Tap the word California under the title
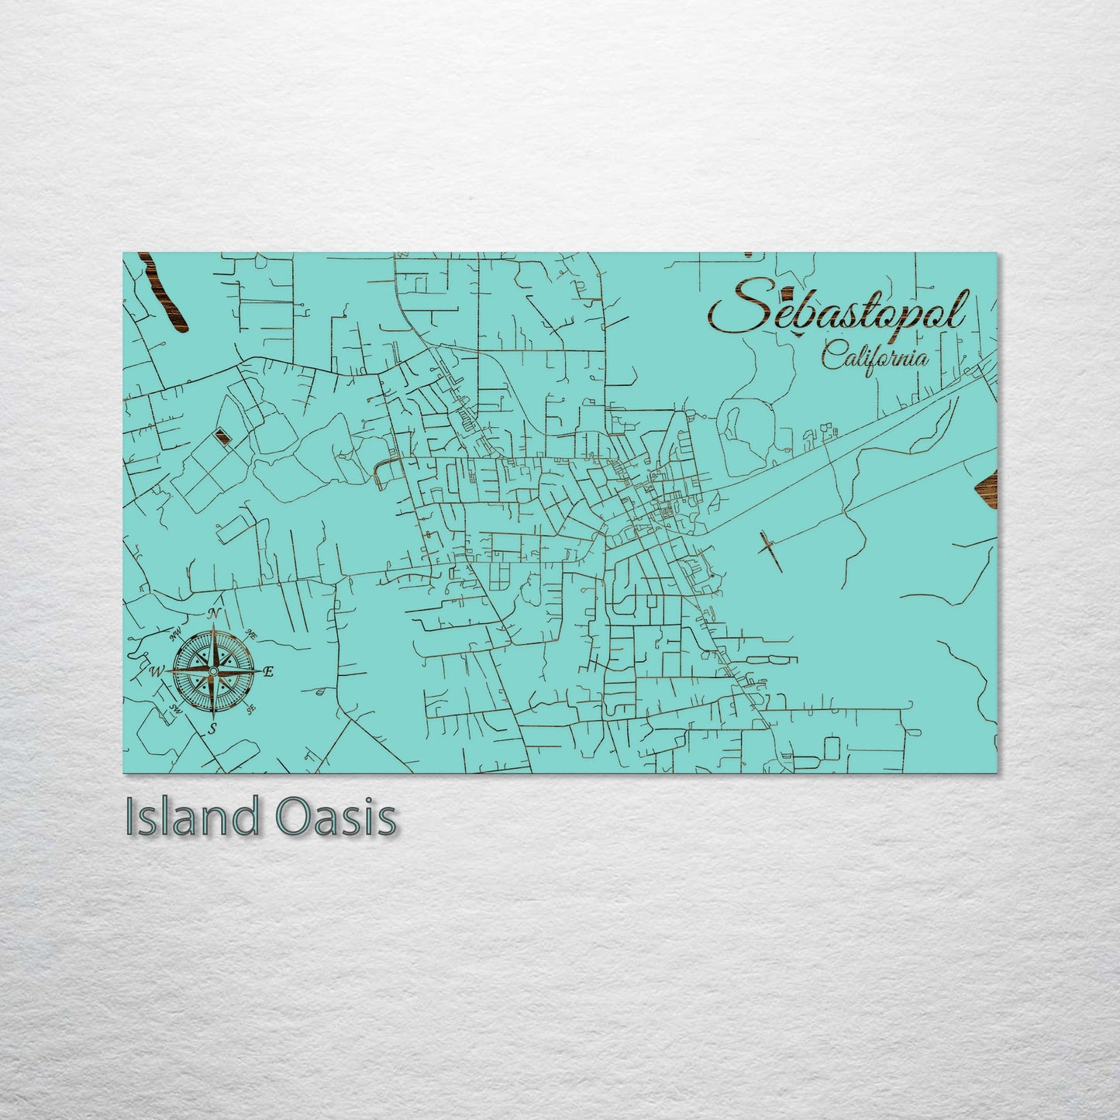click(x=875, y=357)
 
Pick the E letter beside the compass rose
click(x=268, y=672)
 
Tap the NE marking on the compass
click(x=250, y=633)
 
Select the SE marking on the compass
click(x=250, y=708)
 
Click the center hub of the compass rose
click(x=212, y=670)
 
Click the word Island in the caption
click(x=191, y=817)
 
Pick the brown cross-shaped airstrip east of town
click(x=769, y=549)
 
